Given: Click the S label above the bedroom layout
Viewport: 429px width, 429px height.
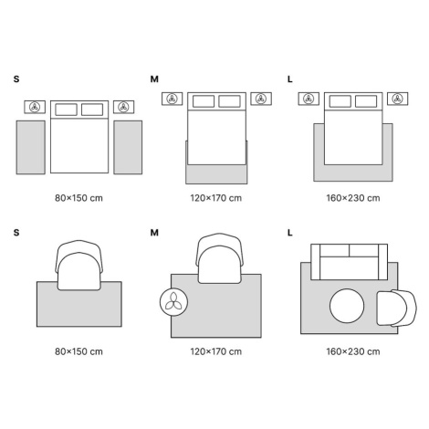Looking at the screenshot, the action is click(x=16, y=79).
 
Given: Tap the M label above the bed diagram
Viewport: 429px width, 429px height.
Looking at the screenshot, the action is click(x=154, y=79).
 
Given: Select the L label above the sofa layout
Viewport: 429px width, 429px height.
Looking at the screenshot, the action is click(x=290, y=233).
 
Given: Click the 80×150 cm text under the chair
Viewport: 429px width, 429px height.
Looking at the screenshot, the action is click(x=78, y=351).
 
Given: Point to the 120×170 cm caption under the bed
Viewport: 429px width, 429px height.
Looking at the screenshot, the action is click(x=216, y=198).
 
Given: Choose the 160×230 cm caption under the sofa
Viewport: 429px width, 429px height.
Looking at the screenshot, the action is click(x=353, y=351).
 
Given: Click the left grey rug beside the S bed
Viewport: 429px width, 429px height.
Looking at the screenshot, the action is click(x=31, y=148).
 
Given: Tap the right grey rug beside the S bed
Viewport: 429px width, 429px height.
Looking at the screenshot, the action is click(x=128, y=148).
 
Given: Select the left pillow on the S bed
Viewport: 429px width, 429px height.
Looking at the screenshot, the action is click(x=66, y=110).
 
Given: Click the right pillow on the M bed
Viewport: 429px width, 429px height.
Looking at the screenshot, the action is click(x=229, y=101).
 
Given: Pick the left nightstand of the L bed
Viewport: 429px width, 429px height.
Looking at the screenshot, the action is click(x=309, y=99).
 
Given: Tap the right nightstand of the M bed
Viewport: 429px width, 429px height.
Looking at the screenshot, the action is click(x=261, y=99).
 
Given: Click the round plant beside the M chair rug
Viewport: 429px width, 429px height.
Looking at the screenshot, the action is click(x=173, y=302).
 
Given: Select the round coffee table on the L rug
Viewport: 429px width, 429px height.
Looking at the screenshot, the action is click(x=347, y=306).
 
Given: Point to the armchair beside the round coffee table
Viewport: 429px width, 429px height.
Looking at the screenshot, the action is click(x=397, y=308).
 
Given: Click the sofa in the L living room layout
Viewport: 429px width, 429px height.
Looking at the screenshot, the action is click(x=350, y=262).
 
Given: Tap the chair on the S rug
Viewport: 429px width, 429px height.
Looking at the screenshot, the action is click(x=79, y=265).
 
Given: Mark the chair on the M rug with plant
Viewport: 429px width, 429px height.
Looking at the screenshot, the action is click(x=220, y=258).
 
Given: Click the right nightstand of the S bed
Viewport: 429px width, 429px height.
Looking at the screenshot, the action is click(x=123, y=107).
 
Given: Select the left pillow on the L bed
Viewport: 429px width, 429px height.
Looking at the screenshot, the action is click(x=340, y=101).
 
